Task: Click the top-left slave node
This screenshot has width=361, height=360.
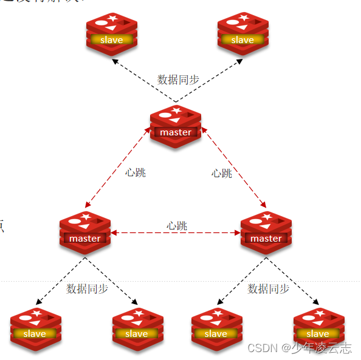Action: coord(111,34)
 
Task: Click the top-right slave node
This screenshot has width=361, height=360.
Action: coord(242,34)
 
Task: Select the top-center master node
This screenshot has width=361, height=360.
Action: coord(176,126)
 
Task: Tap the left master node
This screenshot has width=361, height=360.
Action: coord(85,233)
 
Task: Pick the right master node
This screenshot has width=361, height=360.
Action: coord(266,233)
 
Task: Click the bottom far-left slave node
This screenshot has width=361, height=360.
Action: coord(35,328)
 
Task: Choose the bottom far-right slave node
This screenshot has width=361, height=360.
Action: coord(318,328)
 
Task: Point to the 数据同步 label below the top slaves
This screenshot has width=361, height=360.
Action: coord(178,80)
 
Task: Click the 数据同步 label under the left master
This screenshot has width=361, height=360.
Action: coord(87,288)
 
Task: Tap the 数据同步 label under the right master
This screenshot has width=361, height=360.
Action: coord(268,288)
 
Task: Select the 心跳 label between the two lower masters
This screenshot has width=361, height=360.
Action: coord(177,226)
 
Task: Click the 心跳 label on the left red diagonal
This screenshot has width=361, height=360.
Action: coord(136,172)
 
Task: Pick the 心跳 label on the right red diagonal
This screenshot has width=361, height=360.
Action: coord(222,173)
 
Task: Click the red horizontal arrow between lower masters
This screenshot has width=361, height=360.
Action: coord(176,233)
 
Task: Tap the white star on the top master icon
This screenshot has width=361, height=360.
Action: coord(177,110)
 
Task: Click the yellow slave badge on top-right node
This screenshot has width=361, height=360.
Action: coord(242,40)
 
